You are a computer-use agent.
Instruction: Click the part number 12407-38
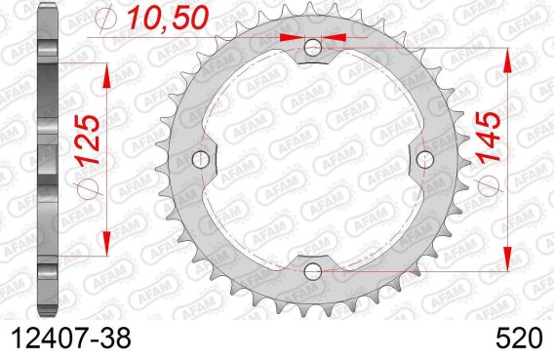(x=71, y=339)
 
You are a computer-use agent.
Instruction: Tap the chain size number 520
(x=518, y=339)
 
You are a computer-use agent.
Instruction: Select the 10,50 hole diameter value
(x=168, y=18)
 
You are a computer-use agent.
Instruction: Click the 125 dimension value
(x=89, y=140)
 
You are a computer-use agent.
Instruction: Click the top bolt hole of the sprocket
(x=313, y=48)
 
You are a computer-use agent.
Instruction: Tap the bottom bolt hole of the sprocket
(x=313, y=271)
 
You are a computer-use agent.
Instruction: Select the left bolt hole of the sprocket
(x=201, y=160)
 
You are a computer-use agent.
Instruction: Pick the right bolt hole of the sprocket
(x=425, y=160)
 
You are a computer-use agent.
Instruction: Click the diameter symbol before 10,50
(x=106, y=19)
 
